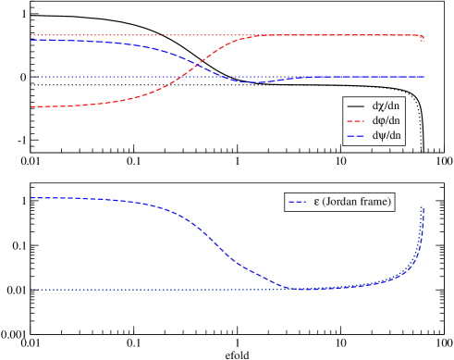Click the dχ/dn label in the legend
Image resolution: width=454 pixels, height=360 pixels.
386,106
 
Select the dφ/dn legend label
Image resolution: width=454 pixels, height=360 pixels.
386,120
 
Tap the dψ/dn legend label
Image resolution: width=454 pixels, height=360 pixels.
386,135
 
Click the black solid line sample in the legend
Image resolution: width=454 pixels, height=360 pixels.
357,106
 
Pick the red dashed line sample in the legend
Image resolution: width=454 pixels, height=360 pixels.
357,120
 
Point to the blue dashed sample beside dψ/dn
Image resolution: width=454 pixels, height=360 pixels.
357,135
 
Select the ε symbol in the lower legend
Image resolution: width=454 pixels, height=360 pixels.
317,201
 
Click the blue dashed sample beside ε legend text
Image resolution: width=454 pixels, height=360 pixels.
298,201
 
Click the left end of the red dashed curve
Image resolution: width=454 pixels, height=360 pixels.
32,107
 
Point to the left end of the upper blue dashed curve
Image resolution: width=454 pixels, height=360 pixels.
32,40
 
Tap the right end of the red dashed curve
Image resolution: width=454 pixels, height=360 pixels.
423,40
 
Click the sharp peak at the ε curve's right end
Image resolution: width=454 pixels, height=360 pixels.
423,208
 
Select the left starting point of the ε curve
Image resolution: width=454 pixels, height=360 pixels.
32,198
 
